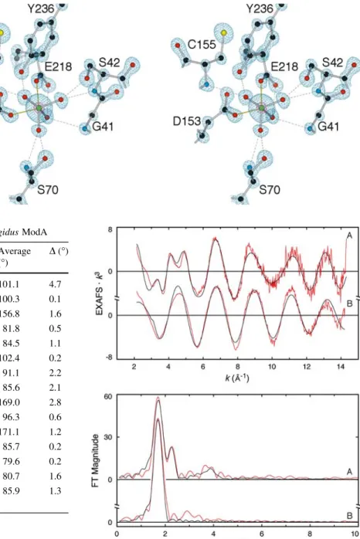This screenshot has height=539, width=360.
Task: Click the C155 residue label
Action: (202, 45)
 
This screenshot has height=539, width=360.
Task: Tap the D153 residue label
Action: (187, 120)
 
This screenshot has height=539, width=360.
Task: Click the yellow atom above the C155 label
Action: (224, 33)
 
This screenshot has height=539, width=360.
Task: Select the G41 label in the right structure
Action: (328, 127)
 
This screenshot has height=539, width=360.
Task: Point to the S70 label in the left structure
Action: (48, 190)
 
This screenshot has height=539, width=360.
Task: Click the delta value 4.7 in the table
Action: (55, 284)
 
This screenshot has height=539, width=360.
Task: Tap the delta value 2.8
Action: (55, 402)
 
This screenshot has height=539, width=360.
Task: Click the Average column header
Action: (15, 251)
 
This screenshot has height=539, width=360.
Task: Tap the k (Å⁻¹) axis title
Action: (237, 378)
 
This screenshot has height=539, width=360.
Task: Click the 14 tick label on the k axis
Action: (341, 367)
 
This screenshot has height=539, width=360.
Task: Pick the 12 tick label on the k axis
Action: (307, 367)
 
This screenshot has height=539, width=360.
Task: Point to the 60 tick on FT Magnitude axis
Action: (108, 397)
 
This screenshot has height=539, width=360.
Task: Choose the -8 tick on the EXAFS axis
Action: (109, 358)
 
